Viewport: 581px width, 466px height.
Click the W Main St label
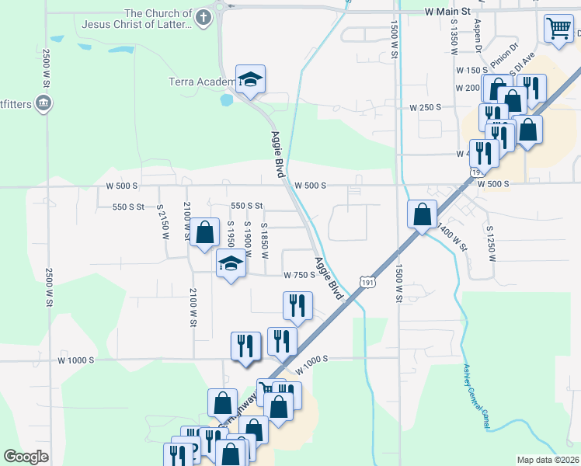(448, 12)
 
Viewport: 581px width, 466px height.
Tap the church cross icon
(204, 18)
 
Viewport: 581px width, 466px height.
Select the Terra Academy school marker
(250, 79)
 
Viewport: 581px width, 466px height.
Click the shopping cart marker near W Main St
(558, 30)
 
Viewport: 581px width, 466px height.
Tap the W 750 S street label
(298, 275)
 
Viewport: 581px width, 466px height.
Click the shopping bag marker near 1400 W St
(421, 214)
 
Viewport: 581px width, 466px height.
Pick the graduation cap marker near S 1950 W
(229, 264)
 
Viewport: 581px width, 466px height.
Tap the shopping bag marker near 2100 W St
(204, 231)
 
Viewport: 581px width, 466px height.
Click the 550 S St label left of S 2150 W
(128, 207)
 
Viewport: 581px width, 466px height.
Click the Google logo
(26, 457)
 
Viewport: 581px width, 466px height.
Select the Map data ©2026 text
(547, 460)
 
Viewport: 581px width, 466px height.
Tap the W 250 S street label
(426, 106)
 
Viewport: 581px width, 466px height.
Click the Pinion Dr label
(503, 53)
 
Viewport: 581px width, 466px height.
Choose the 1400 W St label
(453, 237)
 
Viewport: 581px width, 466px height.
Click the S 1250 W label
(489, 242)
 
